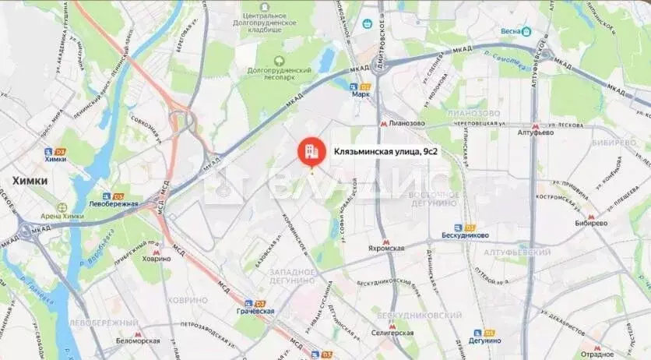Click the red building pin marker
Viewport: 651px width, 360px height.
click(x=311, y=152)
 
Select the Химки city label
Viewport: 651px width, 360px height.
click(x=29, y=180)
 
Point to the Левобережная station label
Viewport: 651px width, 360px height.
click(x=114, y=204)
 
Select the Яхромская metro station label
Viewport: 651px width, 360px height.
click(x=386, y=248)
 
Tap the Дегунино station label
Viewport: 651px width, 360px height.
click(x=485, y=341)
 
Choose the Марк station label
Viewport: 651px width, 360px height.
click(x=361, y=94)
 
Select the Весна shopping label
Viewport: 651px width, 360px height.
click(x=515, y=32)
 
